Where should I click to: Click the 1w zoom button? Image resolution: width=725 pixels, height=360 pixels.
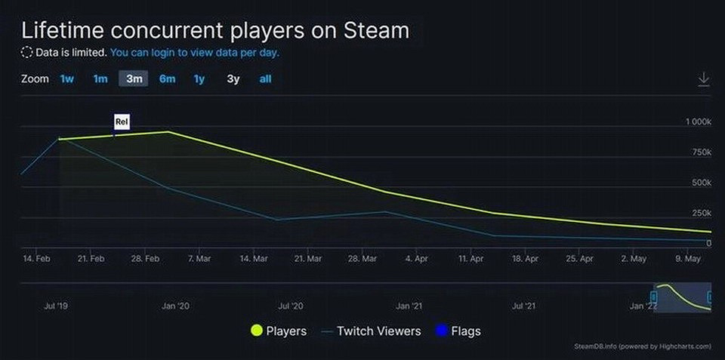[x=67, y=79]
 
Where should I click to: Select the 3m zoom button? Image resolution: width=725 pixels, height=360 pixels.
[x=134, y=79]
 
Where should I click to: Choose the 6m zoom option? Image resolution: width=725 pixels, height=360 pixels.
[x=167, y=79]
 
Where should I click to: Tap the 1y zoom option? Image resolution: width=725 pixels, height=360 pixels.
[x=199, y=79]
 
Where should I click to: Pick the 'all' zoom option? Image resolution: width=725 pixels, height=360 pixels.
[x=265, y=79]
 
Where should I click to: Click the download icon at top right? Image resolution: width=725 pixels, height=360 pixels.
[x=703, y=79]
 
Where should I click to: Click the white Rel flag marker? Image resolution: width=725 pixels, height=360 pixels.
[x=122, y=122]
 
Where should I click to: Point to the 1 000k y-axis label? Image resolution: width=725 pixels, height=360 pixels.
[x=697, y=122]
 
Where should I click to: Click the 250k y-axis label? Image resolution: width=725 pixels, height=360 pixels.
[x=699, y=213]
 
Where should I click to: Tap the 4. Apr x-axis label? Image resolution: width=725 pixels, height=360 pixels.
[x=417, y=259]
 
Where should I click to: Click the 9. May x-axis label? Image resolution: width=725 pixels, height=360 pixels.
[x=688, y=259]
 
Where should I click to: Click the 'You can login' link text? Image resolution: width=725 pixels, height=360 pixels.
[x=194, y=54]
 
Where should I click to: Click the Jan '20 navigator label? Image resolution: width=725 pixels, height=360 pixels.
[x=175, y=306]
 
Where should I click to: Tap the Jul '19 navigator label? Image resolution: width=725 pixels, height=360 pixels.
[x=56, y=306]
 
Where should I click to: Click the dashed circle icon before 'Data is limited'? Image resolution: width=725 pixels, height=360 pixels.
[x=27, y=54]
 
